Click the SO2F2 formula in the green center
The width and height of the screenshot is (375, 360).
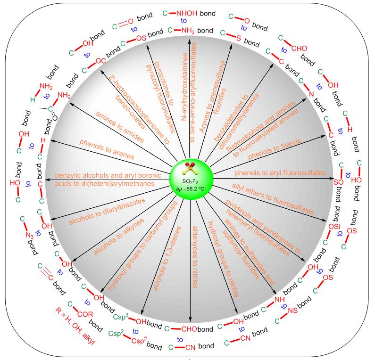point(190,182)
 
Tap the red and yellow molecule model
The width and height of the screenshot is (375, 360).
point(189,168)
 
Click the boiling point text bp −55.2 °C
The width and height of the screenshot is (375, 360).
point(191,189)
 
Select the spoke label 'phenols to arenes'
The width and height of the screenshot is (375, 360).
point(107,149)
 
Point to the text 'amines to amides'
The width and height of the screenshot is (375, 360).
point(120,127)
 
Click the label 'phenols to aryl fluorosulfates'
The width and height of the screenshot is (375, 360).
point(281,173)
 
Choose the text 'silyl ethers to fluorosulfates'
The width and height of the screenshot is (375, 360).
point(273,198)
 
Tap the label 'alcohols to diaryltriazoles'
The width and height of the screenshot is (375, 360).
point(107,212)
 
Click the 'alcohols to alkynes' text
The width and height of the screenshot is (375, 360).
point(118,237)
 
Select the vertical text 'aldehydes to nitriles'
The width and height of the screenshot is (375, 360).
point(195,257)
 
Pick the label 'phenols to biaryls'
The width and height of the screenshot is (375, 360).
point(275,149)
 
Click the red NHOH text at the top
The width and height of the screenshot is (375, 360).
point(187,13)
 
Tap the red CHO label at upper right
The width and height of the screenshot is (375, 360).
point(299,49)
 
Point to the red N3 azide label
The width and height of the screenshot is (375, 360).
point(30,235)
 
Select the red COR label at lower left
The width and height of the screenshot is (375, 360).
point(85,314)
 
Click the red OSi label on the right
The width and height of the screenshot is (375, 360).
point(334,226)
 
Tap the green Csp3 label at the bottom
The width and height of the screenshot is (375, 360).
point(121,317)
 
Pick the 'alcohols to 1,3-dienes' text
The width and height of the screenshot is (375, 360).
point(167,258)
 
